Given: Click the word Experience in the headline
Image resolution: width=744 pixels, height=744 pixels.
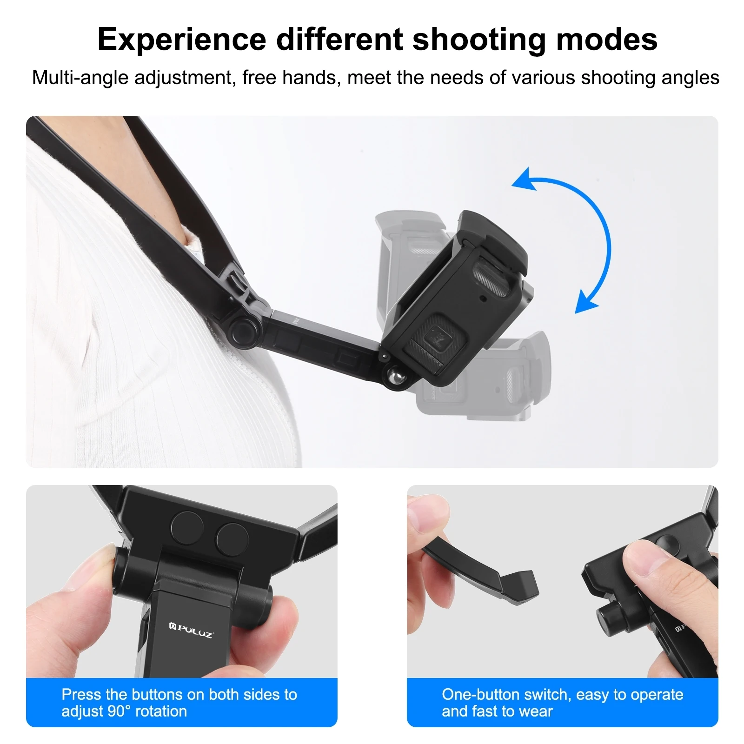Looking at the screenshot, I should click(x=181, y=40).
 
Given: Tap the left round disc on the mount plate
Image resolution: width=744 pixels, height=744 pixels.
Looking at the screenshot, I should click(x=187, y=528).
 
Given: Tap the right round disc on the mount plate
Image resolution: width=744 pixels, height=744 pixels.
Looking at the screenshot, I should click(x=232, y=539).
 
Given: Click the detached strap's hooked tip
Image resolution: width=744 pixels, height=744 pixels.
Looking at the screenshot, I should click(x=523, y=588).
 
